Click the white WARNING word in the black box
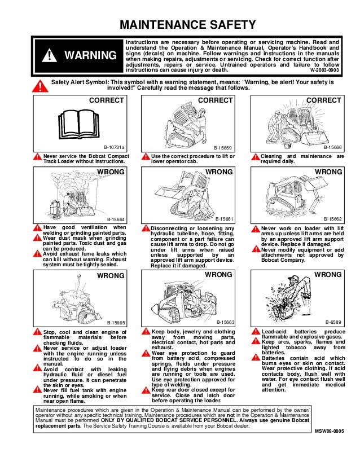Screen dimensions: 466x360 [88, 55]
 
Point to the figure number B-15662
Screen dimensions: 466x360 [332, 218]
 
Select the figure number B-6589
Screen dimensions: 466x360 [334, 322]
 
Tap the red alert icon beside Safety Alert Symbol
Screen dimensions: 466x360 [37, 86]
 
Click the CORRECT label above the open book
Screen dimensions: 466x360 [107, 100]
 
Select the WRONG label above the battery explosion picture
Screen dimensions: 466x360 [328, 274]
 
